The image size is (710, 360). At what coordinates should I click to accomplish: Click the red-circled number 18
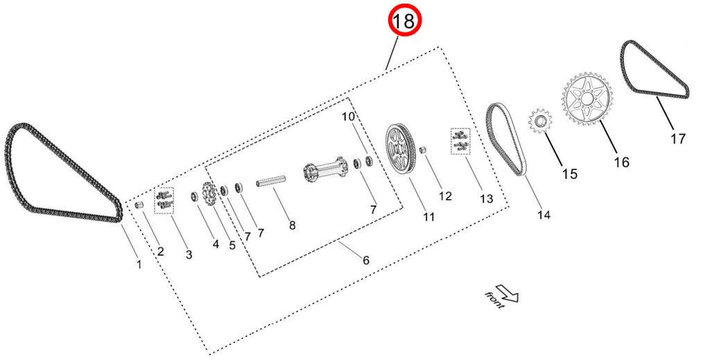pos(404,21)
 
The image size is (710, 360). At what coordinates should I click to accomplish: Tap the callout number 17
pos(677,138)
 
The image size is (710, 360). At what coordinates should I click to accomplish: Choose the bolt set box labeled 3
pos(164,200)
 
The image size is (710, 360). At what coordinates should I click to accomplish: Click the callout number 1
pos(139,264)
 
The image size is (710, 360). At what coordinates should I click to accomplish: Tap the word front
pos(494,300)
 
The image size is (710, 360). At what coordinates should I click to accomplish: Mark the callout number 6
pos(366,260)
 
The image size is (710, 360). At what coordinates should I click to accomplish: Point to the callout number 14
pos(544,215)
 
